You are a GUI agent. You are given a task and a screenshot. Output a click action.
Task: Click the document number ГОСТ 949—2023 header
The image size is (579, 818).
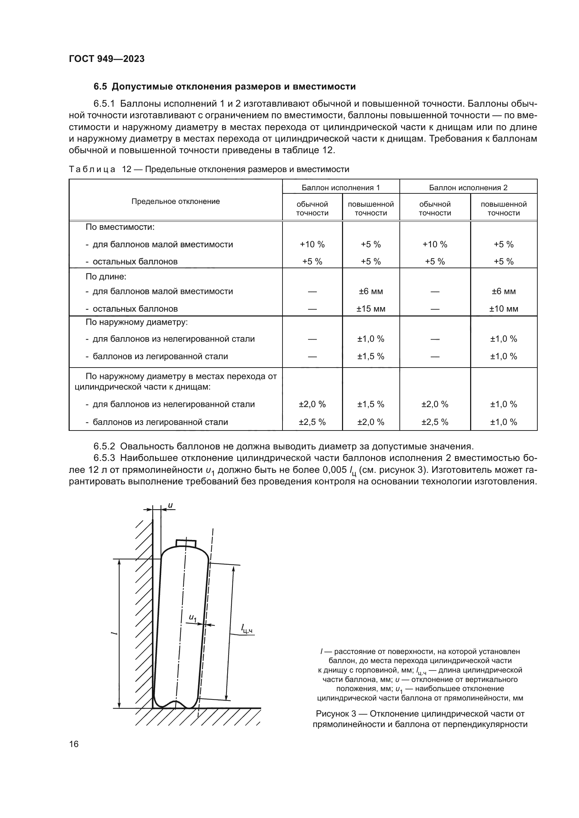point(107,59)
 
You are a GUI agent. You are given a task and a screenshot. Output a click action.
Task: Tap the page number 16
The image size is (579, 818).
point(74,744)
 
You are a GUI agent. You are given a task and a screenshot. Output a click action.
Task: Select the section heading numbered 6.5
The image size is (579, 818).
point(225,87)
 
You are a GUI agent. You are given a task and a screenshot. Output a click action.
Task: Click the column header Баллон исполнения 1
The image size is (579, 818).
point(341,187)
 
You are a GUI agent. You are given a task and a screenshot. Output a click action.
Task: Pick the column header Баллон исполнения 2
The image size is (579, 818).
point(468,187)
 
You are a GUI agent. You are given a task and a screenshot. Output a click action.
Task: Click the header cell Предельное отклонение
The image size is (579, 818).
point(175,201)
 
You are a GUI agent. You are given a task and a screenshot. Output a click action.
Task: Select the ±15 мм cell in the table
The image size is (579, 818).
point(370,309)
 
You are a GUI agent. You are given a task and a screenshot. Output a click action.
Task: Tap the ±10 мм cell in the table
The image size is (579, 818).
point(503,309)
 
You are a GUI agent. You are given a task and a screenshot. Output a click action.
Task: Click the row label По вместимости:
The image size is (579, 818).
point(120,227)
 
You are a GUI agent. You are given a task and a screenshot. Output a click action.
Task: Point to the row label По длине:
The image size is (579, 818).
point(106,277)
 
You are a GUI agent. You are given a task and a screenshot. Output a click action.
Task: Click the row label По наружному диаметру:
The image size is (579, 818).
point(136,322)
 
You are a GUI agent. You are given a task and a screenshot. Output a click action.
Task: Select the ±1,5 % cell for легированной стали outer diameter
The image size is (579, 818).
point(370,356)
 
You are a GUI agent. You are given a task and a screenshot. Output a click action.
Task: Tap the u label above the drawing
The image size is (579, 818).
point(170,505)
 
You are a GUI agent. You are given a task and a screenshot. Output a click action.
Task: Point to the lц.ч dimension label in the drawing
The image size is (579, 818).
point(246,629)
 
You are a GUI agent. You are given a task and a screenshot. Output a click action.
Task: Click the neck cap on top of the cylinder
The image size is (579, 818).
point(186,543)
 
